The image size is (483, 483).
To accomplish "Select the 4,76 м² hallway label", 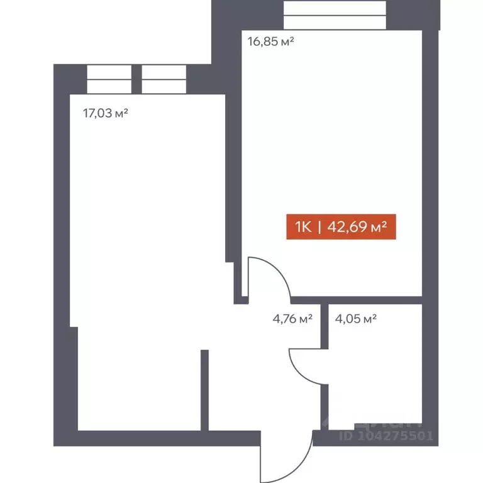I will pos(292,318).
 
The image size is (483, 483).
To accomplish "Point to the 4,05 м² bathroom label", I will pos(356,318).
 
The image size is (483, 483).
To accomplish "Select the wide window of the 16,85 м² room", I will pos(334,14).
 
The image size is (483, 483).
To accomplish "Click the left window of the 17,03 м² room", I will pos(109,79).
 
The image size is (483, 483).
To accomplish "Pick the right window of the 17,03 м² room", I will pos(164,79).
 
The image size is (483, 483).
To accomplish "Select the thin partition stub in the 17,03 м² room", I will pos(204,390).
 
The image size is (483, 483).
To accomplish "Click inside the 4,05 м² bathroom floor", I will pos(374,377).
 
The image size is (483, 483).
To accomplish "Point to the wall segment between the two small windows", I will pos(136,79).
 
